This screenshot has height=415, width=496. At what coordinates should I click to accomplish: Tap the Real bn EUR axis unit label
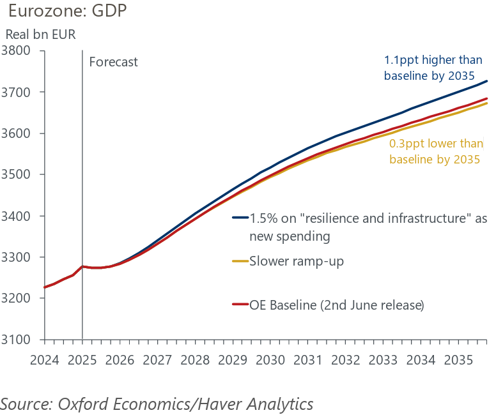pos(41,34)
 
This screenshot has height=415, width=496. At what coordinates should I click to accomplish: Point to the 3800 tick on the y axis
pos(19,50)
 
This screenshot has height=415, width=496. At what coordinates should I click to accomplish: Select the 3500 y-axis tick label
pos(19,174)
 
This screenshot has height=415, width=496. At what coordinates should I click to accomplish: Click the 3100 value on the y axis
pos(19,340)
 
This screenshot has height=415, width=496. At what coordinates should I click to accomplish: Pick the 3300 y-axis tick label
pos(19,257)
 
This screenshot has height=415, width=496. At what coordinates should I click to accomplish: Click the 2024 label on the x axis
pos(45,359)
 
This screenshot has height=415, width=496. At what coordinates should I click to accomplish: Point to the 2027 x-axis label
pos(157,359)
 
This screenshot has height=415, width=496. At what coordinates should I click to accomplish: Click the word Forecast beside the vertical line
pos(113,63)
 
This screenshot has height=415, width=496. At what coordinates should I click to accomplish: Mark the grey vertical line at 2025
pos(82,192)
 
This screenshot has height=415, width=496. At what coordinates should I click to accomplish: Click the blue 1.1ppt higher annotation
pos(429,68)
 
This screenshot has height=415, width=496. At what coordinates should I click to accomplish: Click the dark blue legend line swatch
pos(240,218)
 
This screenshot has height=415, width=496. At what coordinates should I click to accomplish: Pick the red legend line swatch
pos(240,306)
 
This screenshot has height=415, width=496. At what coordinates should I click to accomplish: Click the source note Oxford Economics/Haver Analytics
pos(157,404)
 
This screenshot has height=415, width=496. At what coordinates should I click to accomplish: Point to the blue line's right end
pos(487,81)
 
